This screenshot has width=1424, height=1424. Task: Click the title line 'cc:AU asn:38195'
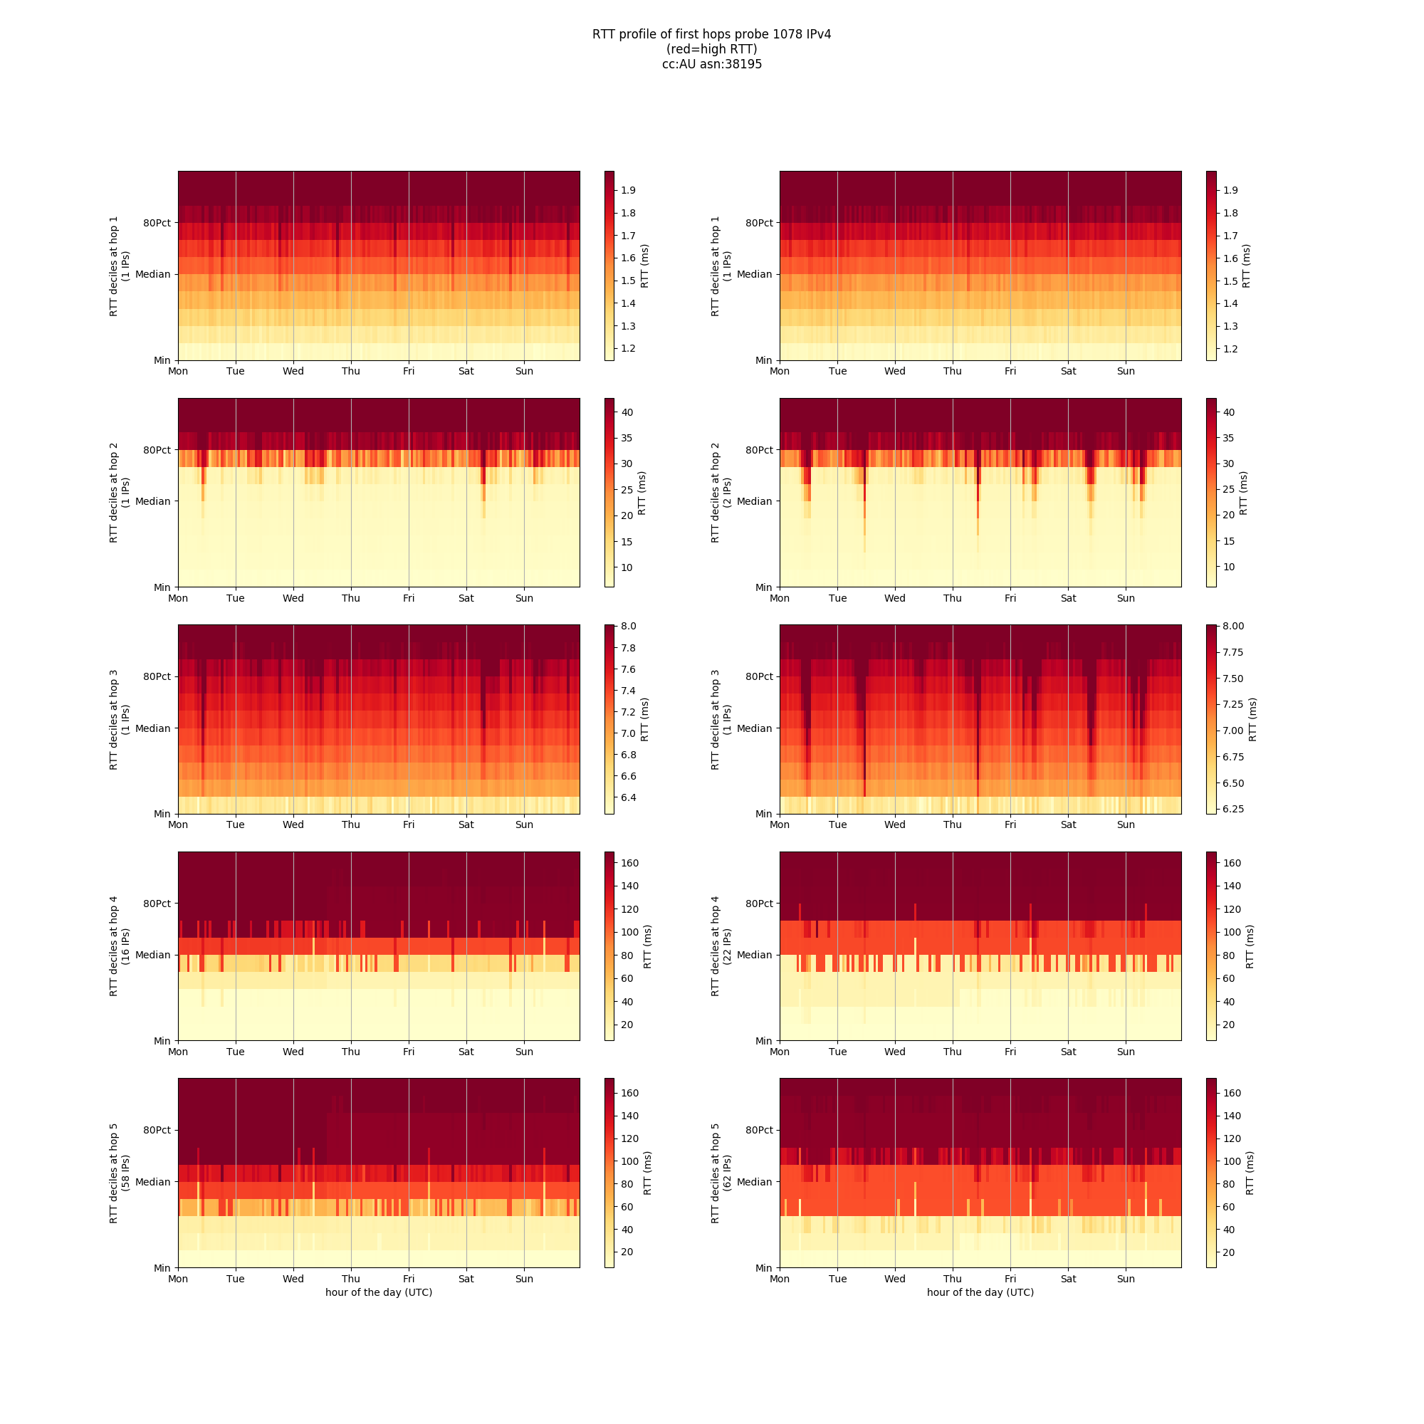pos(711,64)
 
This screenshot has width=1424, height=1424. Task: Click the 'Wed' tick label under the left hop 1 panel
pos(293,372)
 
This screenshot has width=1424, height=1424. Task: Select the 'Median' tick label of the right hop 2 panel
pos(754,501)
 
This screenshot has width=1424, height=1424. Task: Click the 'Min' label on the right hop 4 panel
pos(763,1041)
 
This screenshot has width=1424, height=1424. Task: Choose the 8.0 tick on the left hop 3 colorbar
pos(628,627)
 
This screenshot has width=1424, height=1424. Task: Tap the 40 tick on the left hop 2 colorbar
pos(627,412)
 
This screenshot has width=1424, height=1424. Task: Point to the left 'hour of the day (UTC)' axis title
pos(379,1292)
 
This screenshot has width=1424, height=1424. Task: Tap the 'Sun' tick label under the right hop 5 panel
pos(1126,1279)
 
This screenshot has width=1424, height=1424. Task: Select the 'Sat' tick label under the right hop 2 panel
pos(1068,599)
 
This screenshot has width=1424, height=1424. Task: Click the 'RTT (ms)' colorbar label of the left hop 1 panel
pos(645,266)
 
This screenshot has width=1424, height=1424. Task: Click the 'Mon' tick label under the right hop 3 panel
pos(780,824)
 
